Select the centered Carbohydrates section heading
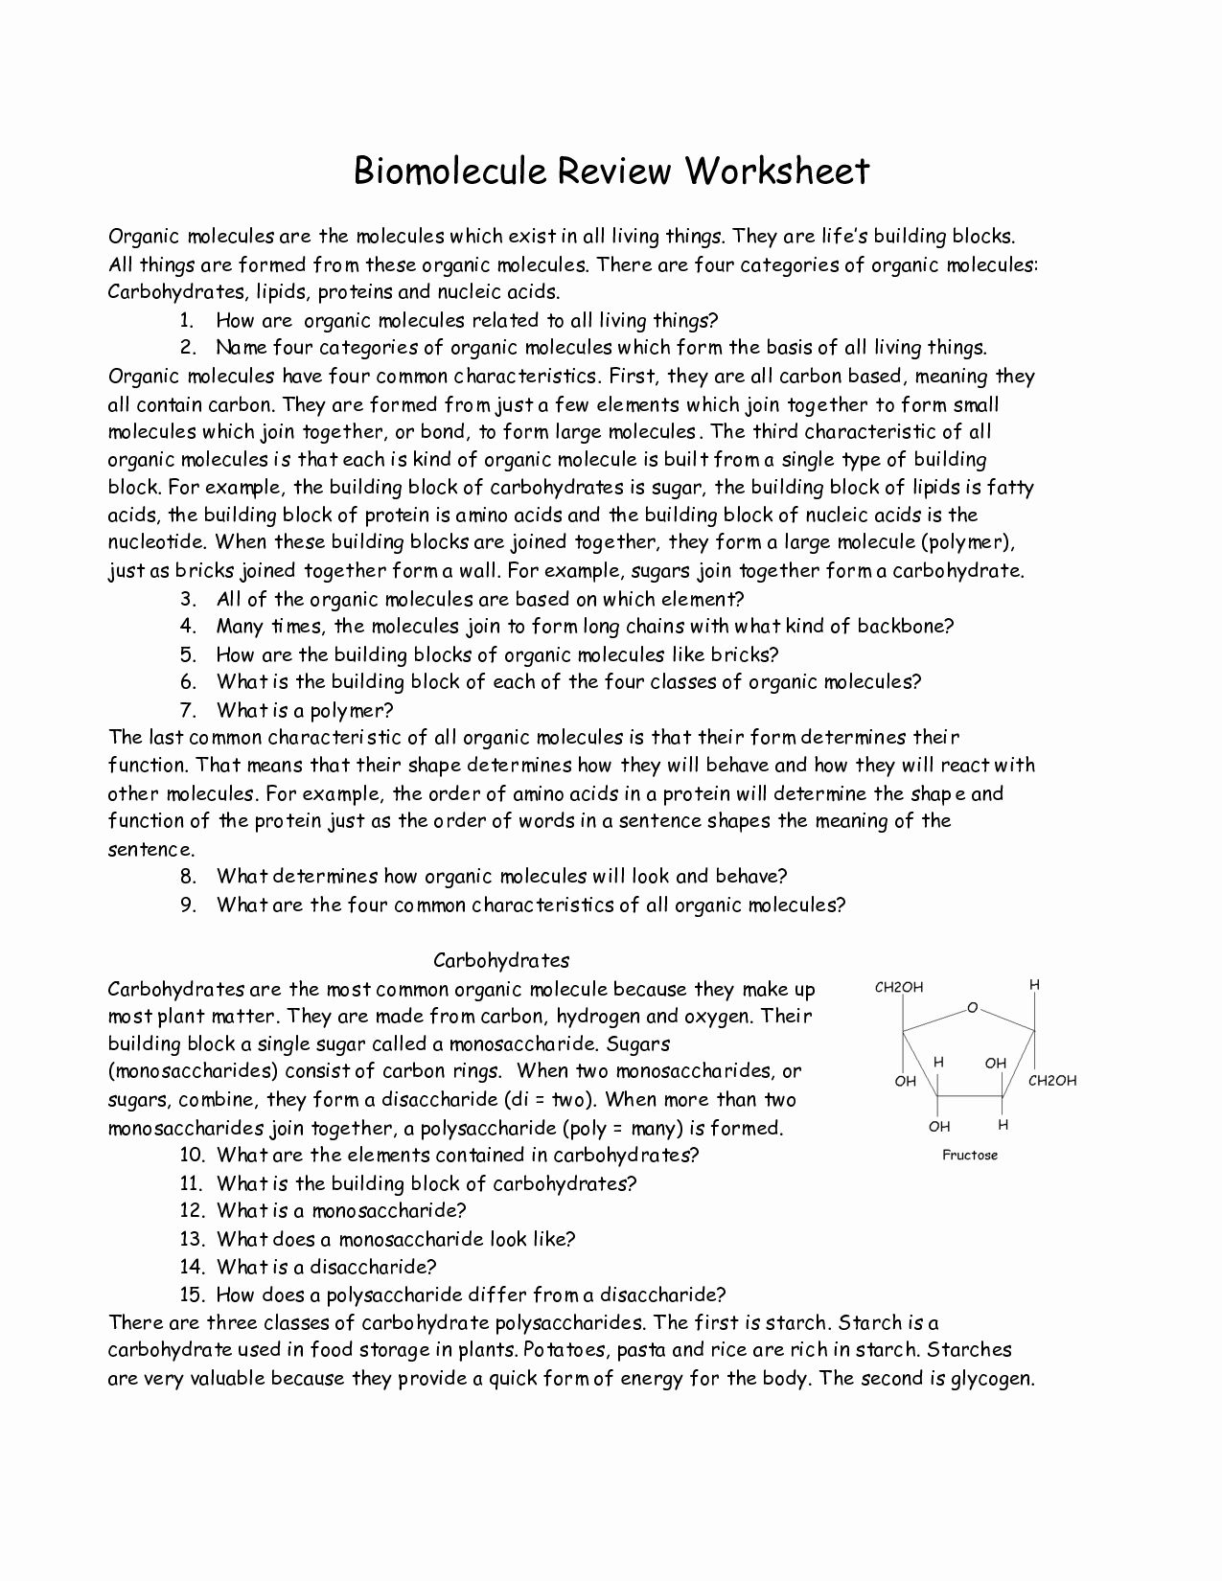pyautogui.click(x=501, y=960)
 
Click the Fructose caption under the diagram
pyautogui.click(x=970, y=1156)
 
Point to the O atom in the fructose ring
pyautogui.click(x=972, y=1008)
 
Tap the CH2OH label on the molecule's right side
pyautogui.click(x=1052, y=1081)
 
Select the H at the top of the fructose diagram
pyautogui.click(x=1034, y=985)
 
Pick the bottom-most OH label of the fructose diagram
pyautogui.click(x=939, y=1127)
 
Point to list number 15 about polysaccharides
pyautogui.click(x=192, y=1295)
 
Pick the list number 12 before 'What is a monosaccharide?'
pyautogui.click(x=192, y=1210)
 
